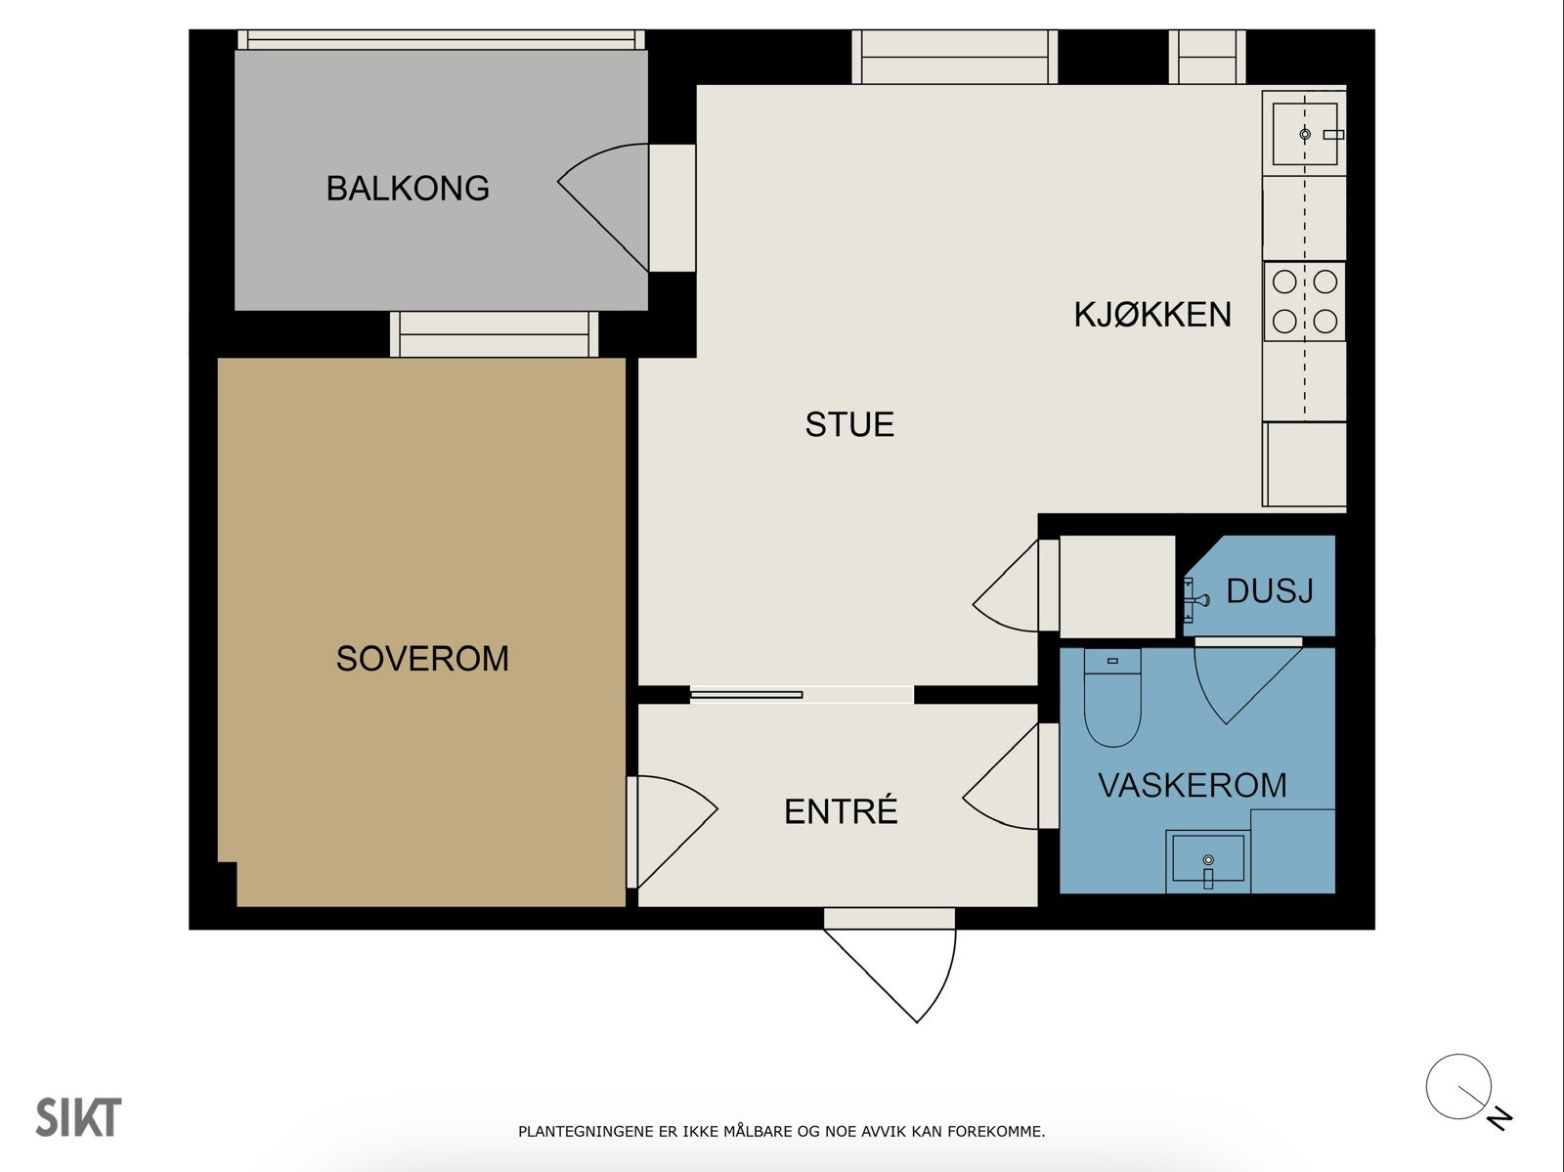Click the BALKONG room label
[408, 189]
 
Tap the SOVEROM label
[422, 658]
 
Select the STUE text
[849, 424]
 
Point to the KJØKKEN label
[1152, 314]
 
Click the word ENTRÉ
[841, 810]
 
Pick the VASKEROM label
[1192, 785]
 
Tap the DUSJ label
[1270, 590]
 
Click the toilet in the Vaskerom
[1112, 698]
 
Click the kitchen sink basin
[1305, 134]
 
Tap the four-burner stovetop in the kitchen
[1305, 301]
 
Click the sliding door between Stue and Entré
[746, 695]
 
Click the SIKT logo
[78, 1117]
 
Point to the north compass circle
[1458, 1087]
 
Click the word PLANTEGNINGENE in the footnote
[586, 1131]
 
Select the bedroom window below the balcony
[495, 334]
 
